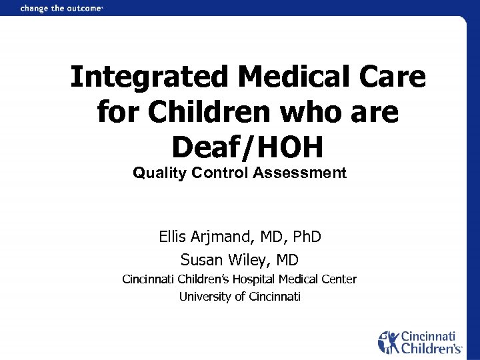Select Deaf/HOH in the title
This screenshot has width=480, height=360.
(x=247, y=146)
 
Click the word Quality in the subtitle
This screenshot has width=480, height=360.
(x=159, y=173)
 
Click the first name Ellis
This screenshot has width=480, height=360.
(x=173, y=236)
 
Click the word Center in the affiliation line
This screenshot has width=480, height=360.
(x=339, y=279)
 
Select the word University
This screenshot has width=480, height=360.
(x=204, y=297)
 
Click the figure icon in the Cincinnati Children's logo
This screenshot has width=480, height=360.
(x=389, y=341)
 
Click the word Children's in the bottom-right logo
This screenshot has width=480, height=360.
(x=430, y=348)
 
